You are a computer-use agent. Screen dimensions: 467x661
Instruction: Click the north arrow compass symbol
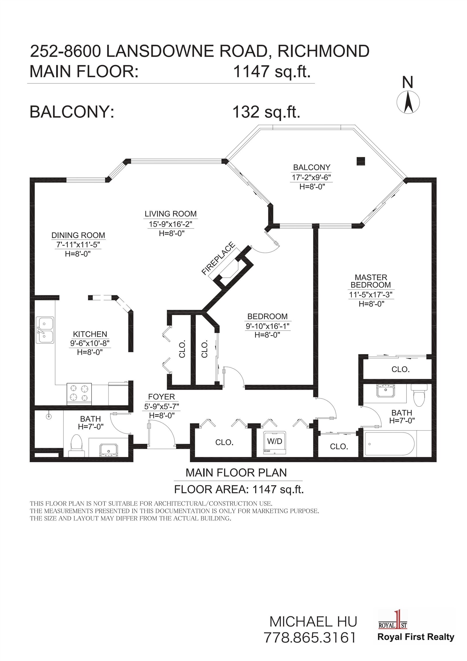tap(408, 102)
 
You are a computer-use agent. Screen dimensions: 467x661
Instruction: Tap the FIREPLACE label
tap(218, 258)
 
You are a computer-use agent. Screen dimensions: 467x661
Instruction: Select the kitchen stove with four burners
tap(79, 393)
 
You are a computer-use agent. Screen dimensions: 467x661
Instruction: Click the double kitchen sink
tap(45, 330)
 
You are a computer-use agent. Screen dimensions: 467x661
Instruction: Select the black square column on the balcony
tap(361, 161)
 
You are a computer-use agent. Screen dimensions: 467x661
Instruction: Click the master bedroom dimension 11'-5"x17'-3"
tap(371, 295)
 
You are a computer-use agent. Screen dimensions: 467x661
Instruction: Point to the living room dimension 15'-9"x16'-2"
tap(170, 224)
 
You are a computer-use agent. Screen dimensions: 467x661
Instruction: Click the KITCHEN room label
tap(90, 334)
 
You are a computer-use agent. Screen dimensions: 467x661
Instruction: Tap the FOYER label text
tap(161, 397)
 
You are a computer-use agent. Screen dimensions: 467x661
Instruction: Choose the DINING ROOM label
tap(78, 235)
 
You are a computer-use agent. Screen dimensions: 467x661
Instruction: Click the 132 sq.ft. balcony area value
tap(266, 112)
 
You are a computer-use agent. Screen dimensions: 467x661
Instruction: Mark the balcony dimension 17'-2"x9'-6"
tap(312, 177)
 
